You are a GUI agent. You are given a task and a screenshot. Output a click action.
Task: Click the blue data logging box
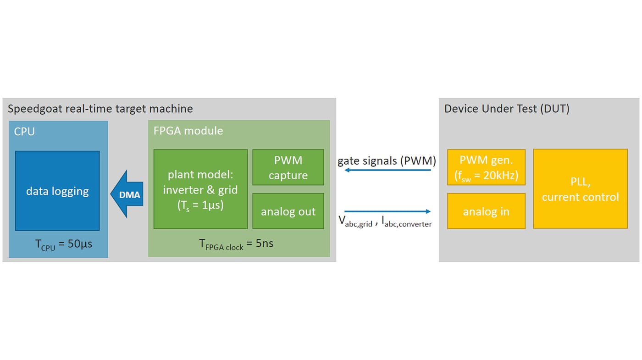pyautogui.click(x=57, y=191)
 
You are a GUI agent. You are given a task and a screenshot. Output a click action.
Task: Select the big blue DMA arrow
pyautogui.click(x=127, y=194)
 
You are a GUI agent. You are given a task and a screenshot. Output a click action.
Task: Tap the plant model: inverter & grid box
pyautogui.click(x=200, y=189)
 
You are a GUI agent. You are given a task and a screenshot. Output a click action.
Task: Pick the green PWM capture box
pyautogui.click(x=288, y=167)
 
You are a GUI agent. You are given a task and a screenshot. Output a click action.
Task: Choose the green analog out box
pyautogui.click(x=288, y=211)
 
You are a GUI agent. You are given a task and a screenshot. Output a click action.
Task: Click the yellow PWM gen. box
pyautogui.click(x=486, y=167)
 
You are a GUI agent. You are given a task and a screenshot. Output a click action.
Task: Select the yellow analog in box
pyautogui.click(x=486, y=211)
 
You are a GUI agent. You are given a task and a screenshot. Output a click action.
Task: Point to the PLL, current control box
pyautogui.click(x=580, y=189)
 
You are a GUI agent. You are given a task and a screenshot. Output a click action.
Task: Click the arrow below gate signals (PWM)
pyautogui.click(x=387, y=170)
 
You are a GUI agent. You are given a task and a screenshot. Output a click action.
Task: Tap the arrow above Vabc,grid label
pyautogui.click(x=387, y=211)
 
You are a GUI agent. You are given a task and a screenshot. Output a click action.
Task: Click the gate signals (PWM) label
pyautogui.click(x=387, y=161)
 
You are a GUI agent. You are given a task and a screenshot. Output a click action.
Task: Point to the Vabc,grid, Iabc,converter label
pyautogui.click(x=385, y=222)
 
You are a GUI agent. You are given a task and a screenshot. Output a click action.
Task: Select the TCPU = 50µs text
pyautogui.click(x=64, y=244)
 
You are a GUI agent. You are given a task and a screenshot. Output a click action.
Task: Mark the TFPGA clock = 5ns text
pyautogui.click(x=236, y=244)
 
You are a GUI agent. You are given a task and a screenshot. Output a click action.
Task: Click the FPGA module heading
pyautogui.click(x=188, y=131)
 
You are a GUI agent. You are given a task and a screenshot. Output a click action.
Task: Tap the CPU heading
pyautogui.click(x=24, y=132)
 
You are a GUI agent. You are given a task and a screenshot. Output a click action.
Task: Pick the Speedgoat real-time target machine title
pyautogui.click(x=100, y=109)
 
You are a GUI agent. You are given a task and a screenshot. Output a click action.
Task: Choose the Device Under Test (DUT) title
pyautogui.click(x=507, y=109)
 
